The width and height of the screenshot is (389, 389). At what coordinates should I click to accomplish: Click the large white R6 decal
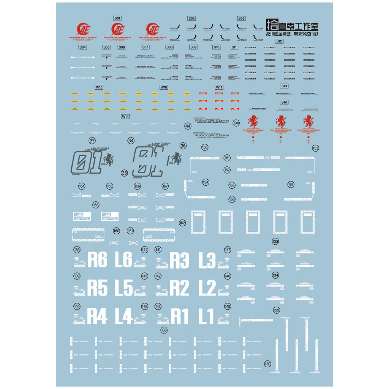click(98, 260)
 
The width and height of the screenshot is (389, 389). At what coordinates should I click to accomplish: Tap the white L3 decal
click(207, 260)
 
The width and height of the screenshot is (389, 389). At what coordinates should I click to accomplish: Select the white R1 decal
click(180, 316)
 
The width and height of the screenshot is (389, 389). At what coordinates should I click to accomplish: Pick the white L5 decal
click(123, 288)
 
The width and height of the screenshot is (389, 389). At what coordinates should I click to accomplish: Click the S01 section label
click(117, 18)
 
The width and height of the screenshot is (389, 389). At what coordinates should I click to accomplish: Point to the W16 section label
click(164, 87)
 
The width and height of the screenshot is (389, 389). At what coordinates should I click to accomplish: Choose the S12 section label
click(280, 41)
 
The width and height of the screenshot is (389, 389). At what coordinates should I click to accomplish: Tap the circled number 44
click(188, 126)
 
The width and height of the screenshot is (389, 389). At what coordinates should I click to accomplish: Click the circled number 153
click(315, 148)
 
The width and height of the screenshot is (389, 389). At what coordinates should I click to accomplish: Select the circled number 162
click(182, 223)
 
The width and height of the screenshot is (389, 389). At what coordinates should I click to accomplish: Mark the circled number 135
click(164, 330)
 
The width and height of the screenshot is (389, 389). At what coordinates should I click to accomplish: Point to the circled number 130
click(268, 364)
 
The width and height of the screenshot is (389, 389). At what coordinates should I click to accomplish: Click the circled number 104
click(236, 123)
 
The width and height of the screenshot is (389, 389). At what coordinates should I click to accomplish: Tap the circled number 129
click(276, 310)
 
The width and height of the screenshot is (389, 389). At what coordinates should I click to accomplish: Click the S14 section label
click(284, 102)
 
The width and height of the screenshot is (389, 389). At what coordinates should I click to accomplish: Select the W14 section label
click(125, 117)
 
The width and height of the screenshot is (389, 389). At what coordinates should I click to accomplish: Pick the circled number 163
click(96, 205)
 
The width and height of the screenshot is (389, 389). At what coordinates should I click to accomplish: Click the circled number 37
click(92, 141)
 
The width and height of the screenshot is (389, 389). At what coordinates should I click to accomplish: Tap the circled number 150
click(205, 147)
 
